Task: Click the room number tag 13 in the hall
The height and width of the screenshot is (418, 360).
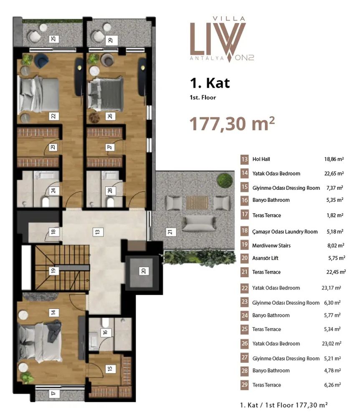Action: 98,232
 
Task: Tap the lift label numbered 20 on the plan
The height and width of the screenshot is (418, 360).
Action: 144,271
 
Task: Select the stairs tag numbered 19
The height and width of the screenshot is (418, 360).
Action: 53,271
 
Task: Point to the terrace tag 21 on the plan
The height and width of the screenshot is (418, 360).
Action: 170,232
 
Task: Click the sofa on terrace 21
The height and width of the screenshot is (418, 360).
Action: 199,223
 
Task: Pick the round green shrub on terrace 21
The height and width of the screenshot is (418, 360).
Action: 225,181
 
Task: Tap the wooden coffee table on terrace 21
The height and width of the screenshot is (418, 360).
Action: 197,203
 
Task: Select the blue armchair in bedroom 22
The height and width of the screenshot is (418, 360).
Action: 41,60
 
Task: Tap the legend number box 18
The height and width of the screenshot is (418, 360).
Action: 244,231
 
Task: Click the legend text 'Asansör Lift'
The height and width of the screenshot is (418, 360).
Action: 265,258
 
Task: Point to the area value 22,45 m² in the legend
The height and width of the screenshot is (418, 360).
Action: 336,272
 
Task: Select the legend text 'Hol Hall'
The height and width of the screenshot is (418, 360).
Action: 261,159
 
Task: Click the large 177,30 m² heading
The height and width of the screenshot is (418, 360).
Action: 232,124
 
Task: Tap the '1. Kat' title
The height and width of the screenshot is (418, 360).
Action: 210,83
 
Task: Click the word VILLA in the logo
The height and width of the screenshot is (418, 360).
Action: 229,19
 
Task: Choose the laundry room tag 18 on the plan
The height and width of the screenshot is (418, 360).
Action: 53,232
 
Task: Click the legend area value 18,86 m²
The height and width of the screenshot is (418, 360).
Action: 334,159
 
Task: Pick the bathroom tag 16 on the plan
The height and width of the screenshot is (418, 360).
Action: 105,332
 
